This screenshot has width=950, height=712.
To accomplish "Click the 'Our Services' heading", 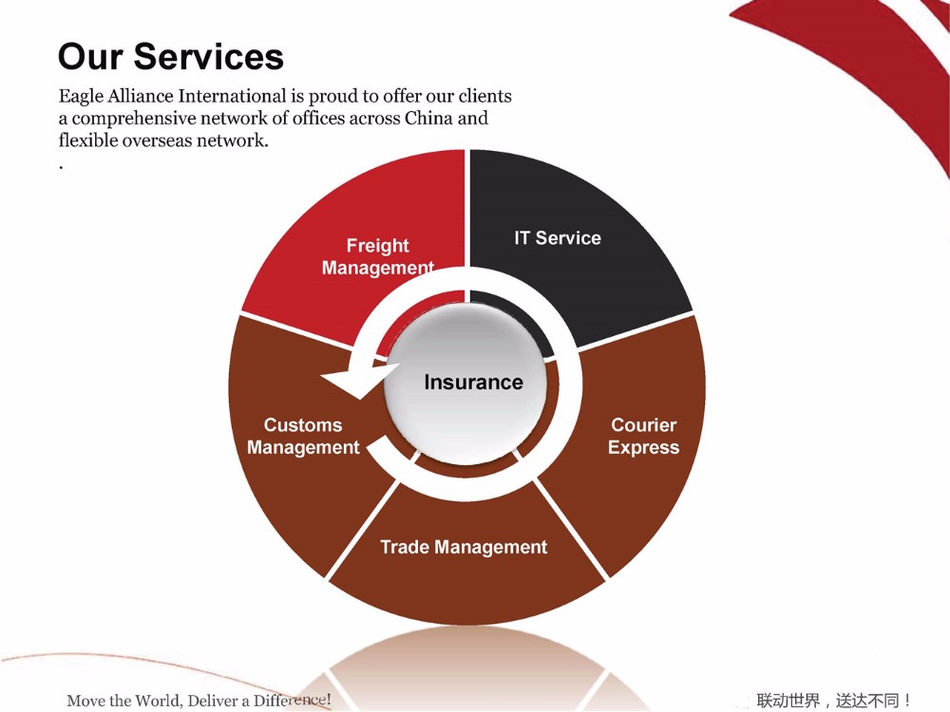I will click(x=171, y=56).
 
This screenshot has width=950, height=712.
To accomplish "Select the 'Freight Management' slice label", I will click(x=377, y=257).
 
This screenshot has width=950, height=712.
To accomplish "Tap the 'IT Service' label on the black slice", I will click(x=558, y=238).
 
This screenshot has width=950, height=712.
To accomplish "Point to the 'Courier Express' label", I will click(x=644, y=437).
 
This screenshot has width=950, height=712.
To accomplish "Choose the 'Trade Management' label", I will click(x=464, y=548).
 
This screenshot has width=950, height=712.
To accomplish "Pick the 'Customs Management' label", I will click(x=303, y=437).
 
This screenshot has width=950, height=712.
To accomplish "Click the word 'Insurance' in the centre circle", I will click(x=473, y=383).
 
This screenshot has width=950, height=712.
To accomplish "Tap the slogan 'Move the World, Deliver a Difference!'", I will click(x=199, y=701).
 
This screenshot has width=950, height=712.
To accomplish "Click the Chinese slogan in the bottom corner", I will click(x=834, y=701).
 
